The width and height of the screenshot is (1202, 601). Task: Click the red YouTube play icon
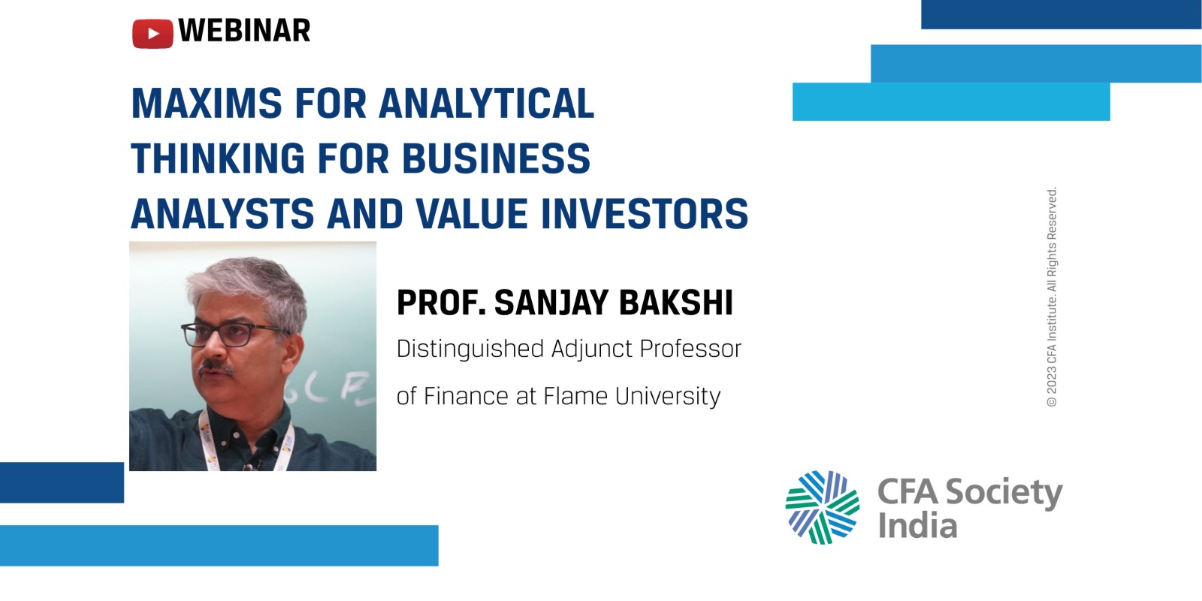(x=153, y=33)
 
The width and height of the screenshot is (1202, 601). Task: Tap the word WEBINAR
(x=244, y=31)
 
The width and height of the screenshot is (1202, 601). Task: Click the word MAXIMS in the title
(x=207, y=103)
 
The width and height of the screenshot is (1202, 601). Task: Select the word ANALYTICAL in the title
(x=487, y=103)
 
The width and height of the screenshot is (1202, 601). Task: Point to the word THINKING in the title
(x=218, y=159)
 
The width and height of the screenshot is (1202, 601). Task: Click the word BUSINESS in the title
(x=497, y=159)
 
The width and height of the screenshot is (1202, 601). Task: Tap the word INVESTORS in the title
(x=645, y=213)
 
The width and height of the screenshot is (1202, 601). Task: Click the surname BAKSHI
(x=676, y=303)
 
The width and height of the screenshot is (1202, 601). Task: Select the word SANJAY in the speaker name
(x=551, y=303)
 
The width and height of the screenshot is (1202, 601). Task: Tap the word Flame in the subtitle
(x=575, y=396)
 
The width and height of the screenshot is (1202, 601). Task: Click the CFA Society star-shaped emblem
(x=822, y=507)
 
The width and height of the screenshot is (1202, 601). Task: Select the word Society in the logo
(x=1004, y=493)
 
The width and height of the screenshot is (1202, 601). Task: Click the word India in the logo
(x=917, y=525)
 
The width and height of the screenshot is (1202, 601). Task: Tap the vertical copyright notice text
(x=1052, y=297)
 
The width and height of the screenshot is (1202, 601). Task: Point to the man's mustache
(x=216, y=367)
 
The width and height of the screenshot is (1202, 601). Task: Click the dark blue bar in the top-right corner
(x=1062, y=14)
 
